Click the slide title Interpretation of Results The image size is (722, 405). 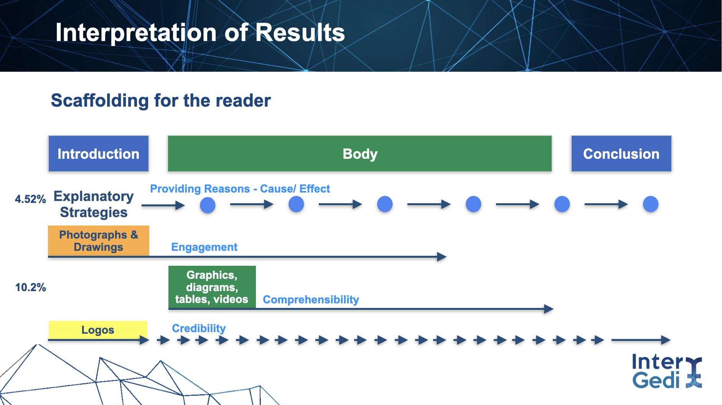pyautogui.click(x=200, y=33)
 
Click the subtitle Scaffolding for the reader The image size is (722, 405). pyautogui.click(x=161, y=100)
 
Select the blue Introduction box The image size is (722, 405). pyautogui.click(x=99, y=153)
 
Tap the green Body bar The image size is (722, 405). pyautogui.click(x=360, y=153)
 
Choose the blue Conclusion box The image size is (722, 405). pyautogui.click(x=621, y=153)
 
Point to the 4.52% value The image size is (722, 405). pyautogui.click(x=30, y=199)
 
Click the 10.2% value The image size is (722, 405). pyautogui.click(x=30, y=287)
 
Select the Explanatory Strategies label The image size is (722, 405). pyautogui.click(x=94, y=204)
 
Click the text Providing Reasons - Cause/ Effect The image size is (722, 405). pyautogui.click(x=240, y=189)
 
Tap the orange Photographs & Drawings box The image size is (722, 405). pyautogui.click(x=99, y=240)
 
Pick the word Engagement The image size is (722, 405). pyautogui.click(x=204, y=247)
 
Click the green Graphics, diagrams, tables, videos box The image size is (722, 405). pyautogui.click(x=212, y=287)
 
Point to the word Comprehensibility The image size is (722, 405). pyautogui.click(x=311, y=300)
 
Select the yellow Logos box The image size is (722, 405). pyautogui.click(x=98, y=330)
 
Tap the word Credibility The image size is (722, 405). pyautogui.click(x=199, y=328)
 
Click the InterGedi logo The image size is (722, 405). pyautogui.click(x=667, y=371)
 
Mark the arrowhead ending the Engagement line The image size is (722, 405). pyautogui.click(x=442, y=257)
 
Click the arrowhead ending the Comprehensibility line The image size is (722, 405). pyautogui.click(x=549, y=309)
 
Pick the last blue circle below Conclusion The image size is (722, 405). pyautogui.click(x=651, y=204)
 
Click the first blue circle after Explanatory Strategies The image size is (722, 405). pyautogui.click(x=208, y=205)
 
